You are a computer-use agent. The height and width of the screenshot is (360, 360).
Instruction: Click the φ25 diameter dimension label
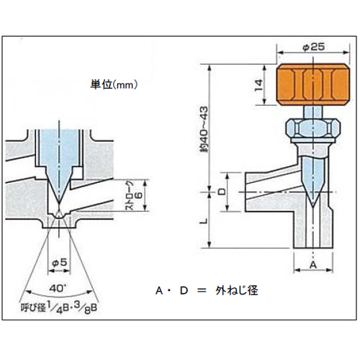314,47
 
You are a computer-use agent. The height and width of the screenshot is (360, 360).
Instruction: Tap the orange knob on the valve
313,85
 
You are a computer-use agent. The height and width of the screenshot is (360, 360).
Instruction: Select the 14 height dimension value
259,86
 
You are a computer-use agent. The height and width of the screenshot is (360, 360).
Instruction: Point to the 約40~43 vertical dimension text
204,130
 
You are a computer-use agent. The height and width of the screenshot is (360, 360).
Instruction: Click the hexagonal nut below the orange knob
313,129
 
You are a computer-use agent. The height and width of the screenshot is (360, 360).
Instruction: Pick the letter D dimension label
222,192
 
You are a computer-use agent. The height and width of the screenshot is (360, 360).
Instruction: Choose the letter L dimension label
204,222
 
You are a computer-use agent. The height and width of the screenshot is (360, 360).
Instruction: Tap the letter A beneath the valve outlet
313,265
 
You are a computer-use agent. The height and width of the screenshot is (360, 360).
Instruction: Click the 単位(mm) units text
114,84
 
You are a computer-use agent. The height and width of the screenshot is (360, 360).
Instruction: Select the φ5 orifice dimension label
59,262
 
